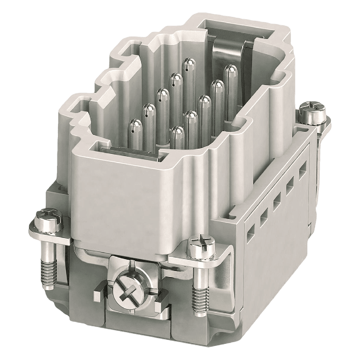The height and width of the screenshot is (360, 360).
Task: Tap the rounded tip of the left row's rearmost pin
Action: click(189, 64)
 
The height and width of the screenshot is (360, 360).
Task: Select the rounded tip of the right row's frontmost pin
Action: click(178, 131)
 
